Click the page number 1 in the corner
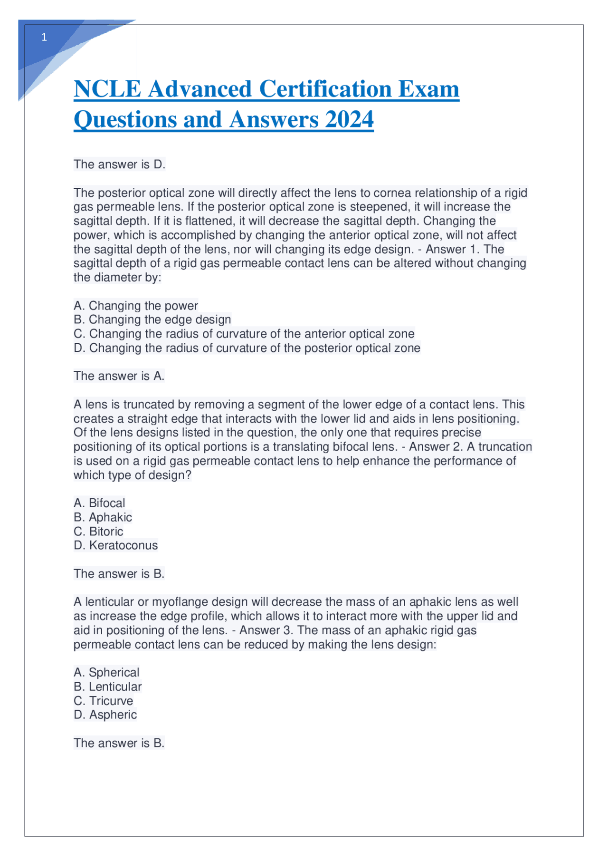point(44,38)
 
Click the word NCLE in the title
point(107,89)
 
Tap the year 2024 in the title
point(349,119)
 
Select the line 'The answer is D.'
point(119,164)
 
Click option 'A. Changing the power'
point(136,306)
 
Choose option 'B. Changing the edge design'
point(152,319)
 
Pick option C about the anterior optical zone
point(244,334)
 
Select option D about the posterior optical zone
point(247,348)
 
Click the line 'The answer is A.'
point(119,376)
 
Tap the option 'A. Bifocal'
point(99,503)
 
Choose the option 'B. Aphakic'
point(103,517)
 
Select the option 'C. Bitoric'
point(98,532)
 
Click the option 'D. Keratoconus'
point(115,545)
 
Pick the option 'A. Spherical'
point(106,672)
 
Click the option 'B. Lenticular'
point(107,687)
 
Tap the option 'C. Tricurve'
point(103,701)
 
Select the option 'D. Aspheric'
point(105,715)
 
